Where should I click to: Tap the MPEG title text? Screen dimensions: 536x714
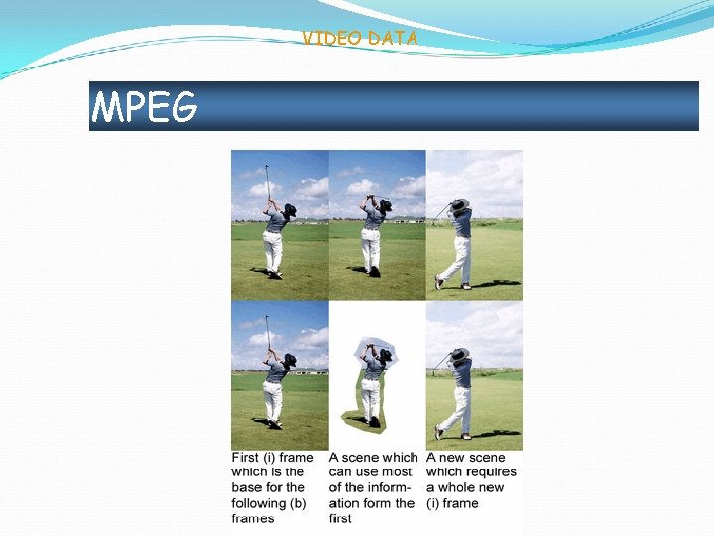tap(145, 106)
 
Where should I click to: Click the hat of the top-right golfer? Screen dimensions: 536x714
tap(459, 205)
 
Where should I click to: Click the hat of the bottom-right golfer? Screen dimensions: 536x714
tap(459, 355)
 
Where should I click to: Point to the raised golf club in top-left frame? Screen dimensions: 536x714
tap(266, 179)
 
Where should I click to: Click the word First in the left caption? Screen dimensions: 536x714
tap(245, 458)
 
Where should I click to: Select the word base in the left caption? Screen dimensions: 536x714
tap(247, 488)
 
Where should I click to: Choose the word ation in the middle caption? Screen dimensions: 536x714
tap(347, 503)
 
